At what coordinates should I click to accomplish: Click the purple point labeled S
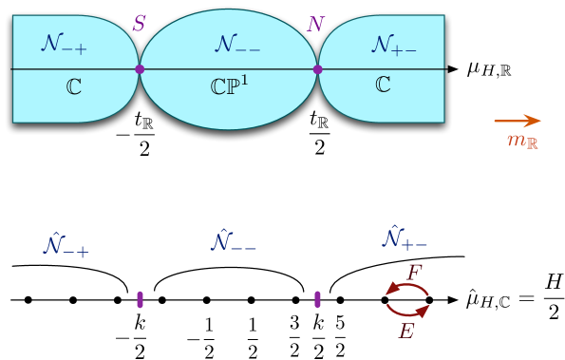pos(140,69)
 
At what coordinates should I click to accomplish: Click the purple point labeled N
pos(317,69)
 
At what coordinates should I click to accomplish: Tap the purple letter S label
pos(139,24)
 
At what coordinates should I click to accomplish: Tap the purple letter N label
pos(315,23)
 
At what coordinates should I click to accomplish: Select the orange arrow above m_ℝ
pos(518,121)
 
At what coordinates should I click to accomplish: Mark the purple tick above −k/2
pos(140,299)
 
